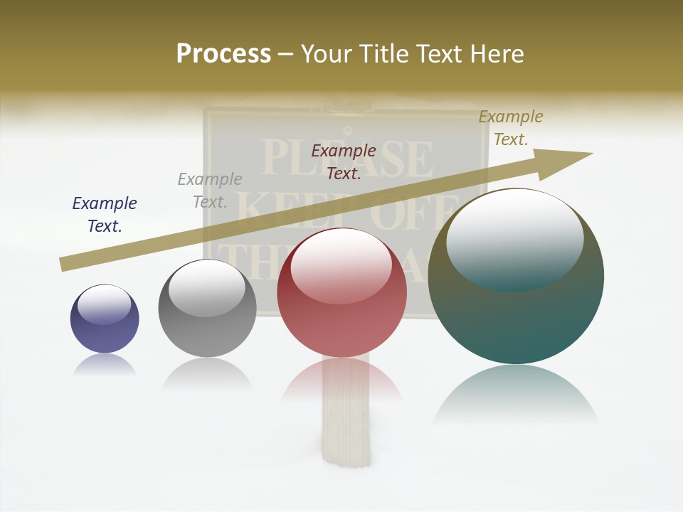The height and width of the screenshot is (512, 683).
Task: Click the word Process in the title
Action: (223, 54)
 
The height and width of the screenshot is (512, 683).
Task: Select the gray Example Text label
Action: (210, 191)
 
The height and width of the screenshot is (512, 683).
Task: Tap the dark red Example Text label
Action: (344, 161)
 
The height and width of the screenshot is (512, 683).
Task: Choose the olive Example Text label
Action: (511, 128)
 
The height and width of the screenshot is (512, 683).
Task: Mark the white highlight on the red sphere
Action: (341, 265)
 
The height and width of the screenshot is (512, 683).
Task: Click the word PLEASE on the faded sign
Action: (346, 158)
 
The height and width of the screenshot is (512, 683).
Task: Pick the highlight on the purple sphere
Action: (105, 304)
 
